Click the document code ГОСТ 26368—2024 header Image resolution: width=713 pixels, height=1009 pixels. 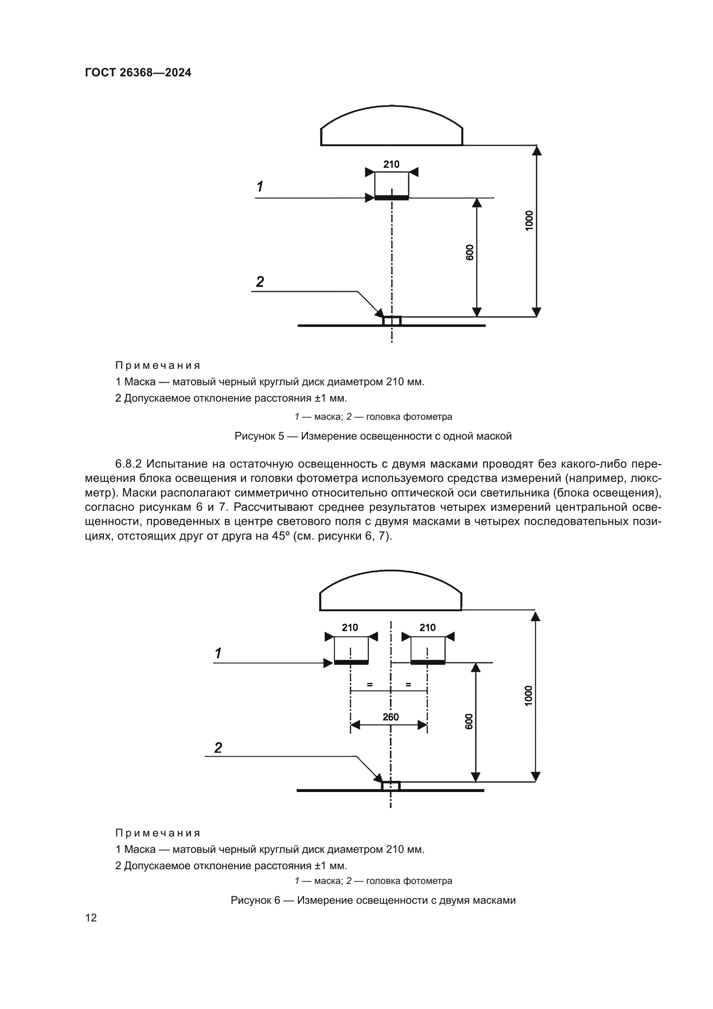[x=138, y=72]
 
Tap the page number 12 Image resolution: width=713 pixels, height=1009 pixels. [x=91, y=918]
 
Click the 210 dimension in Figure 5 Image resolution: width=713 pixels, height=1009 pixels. [x=391, y=164]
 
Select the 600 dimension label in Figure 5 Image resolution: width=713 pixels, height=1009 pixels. [x=470, y=252]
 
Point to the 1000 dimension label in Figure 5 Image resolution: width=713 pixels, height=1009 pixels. [x=529, y=220]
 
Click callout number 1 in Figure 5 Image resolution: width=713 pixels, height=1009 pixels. [x=260, y=186]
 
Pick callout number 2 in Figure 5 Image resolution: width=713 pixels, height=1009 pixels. [x=260, y=282]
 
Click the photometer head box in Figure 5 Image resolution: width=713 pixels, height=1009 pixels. [x=391, y=321]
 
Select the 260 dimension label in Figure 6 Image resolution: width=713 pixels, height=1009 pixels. [x=390, y=717]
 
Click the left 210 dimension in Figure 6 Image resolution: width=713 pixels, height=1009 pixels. [x=350, y=628]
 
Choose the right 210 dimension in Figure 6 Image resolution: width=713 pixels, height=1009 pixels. [x=427, y=628]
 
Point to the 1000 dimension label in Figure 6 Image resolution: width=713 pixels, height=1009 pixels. [x=528, y=696]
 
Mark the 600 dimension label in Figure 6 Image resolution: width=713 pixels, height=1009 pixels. [x=469, y=721]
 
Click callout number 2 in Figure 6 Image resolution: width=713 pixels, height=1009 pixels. [x=218, y=748]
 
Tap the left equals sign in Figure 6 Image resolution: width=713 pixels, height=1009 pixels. [x=370, y=684]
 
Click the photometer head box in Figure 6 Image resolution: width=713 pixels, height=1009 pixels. [x=391, y=786]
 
